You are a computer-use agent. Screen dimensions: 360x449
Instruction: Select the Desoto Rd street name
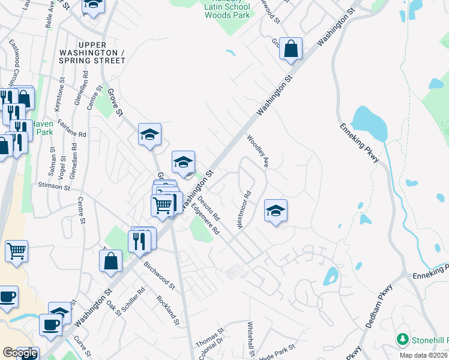click(209, 206)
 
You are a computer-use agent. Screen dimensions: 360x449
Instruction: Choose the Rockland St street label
click(167, 310)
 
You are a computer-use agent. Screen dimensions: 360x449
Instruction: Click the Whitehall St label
click(251, 341)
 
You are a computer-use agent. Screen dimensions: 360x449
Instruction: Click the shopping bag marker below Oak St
click(111, 262)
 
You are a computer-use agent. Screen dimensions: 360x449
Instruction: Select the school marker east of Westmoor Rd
click(276, 211)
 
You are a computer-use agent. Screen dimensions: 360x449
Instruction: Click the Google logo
click(20, 353)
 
